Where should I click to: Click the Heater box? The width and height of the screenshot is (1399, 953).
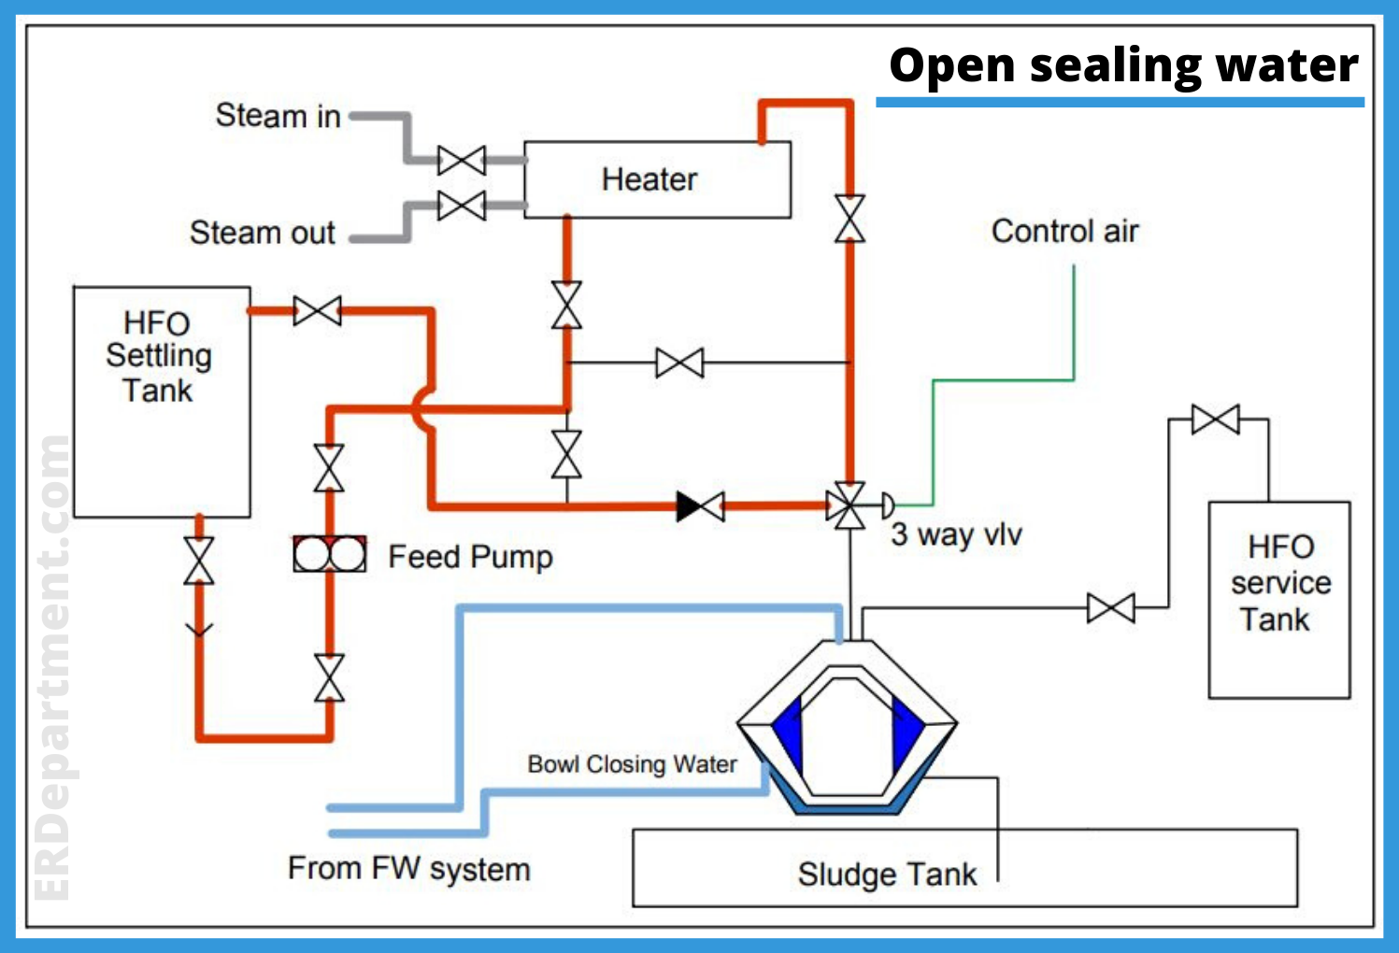tap(657, 179)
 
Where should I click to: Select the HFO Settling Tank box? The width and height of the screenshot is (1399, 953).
tap(162, 402)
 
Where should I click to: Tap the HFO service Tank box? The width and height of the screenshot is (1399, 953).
tap(1278, 600)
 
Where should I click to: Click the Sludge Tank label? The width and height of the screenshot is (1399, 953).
tap(886, 875)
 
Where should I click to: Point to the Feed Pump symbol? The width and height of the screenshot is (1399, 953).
tap(329, 555)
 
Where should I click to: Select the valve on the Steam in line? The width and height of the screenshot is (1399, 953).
tap(462, 161)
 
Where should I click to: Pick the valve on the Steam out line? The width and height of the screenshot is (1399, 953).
tap(462, 206)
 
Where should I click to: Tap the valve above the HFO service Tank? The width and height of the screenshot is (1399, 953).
tap(1216, 420)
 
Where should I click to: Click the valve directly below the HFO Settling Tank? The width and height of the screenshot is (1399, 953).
tap(199, 561)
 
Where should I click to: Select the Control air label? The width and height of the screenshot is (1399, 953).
tap(1064, 231)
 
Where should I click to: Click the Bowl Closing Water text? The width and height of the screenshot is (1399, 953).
tap(632, 764)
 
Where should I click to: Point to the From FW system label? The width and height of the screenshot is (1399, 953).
tap(408, 869)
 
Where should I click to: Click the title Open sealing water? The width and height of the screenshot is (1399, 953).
tap(1122, 65)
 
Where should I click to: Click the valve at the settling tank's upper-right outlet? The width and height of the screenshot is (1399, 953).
tap(317, 310)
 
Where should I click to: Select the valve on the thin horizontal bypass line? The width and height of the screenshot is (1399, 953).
tap(679, 363)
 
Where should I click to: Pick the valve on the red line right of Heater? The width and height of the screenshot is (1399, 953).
tap(849, 219)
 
